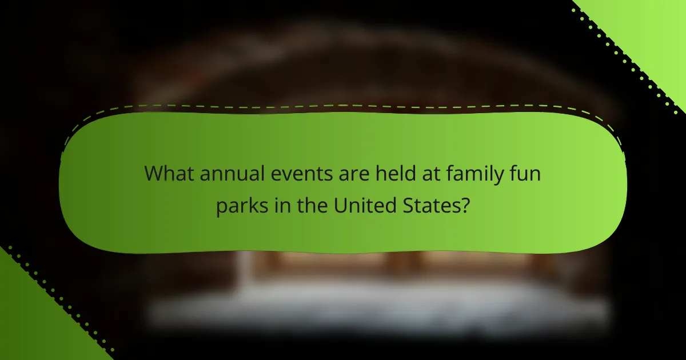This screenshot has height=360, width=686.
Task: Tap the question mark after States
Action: [x=466, y=205]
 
